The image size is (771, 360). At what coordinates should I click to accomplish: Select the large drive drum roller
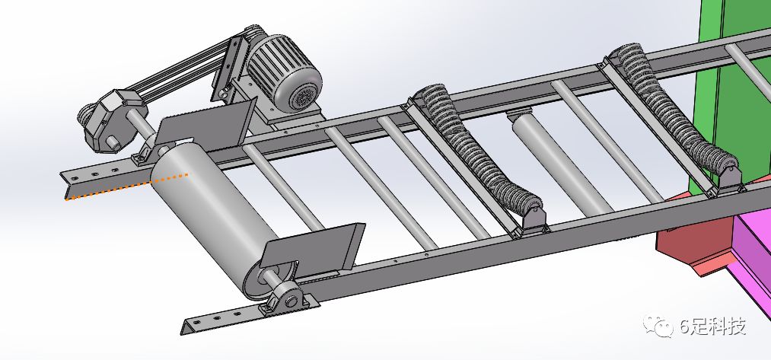pos(215,216)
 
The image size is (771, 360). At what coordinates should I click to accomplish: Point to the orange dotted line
pos(127,186)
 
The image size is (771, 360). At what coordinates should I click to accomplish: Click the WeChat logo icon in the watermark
pos(658,326)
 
